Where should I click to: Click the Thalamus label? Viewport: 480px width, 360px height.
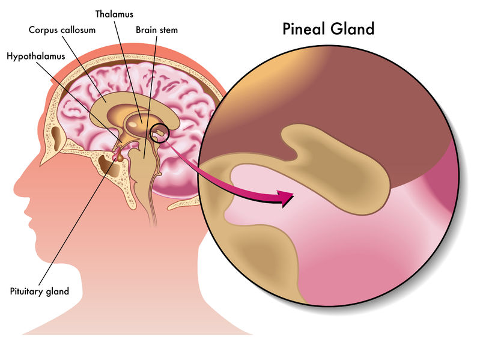click(114, 14)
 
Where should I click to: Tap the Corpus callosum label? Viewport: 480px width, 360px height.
click(62, 30)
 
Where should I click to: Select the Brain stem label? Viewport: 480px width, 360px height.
click(157, 30)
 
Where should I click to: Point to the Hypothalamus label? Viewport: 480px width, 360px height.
click(36, 56)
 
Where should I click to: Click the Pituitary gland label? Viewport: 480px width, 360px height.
click(40, 291)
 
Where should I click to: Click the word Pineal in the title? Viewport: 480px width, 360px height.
click(304, 29)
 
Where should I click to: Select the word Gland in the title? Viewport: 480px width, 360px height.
click(353, 29)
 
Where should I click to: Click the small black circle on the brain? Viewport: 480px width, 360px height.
click(159, 133)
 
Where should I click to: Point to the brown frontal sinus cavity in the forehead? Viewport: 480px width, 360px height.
click(56, 139)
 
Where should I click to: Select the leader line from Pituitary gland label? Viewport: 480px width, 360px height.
click(79, 219)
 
